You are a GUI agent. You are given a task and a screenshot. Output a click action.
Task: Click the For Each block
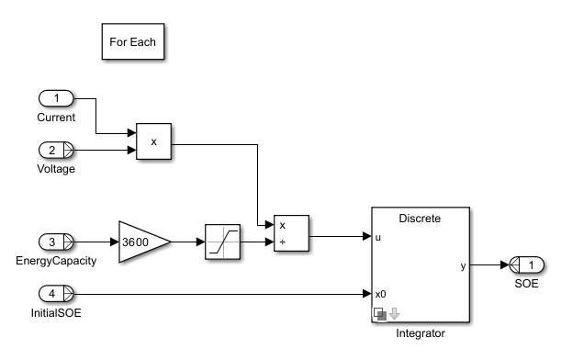[x=133, y=41]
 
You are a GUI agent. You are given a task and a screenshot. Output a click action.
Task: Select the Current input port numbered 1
[x=56, y=98]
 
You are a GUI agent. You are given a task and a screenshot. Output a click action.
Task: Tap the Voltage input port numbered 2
[x=56, y=150]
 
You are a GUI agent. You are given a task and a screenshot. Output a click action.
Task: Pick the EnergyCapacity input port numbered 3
[x=56, y=242]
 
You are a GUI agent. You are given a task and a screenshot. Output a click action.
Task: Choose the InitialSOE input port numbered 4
[x=56, y=294]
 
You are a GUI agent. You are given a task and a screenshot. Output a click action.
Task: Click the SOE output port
[x=526, y=265]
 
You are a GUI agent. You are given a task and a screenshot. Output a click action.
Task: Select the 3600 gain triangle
[x=144, y=242]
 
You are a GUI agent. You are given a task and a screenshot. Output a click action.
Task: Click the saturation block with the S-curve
[x=222, y=242]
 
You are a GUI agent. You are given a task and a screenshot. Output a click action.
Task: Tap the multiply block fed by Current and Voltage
[x=154, y=141]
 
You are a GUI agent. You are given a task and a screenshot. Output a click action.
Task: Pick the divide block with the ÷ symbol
[x=291, y=233]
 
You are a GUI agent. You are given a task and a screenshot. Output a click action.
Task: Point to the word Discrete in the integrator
[x=420, y=219]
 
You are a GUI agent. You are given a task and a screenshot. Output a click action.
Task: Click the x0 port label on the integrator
[x=381, y=294]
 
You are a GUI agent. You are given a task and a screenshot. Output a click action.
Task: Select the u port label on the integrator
[x=378, y=237]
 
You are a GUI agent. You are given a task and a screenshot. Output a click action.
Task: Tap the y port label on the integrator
[x=464, y=266]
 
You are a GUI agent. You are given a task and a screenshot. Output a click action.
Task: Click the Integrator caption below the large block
[x=421, y=333]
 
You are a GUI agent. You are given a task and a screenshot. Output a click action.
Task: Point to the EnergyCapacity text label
[x=56, y=261]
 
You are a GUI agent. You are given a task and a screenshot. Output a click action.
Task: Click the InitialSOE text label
[x=56, y=313]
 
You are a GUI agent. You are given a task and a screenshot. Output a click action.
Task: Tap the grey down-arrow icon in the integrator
[x=394, y=314]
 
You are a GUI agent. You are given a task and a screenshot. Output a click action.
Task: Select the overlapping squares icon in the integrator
[x=380, y=314]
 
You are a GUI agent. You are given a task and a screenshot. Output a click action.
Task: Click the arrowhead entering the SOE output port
[x=505, y=265]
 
